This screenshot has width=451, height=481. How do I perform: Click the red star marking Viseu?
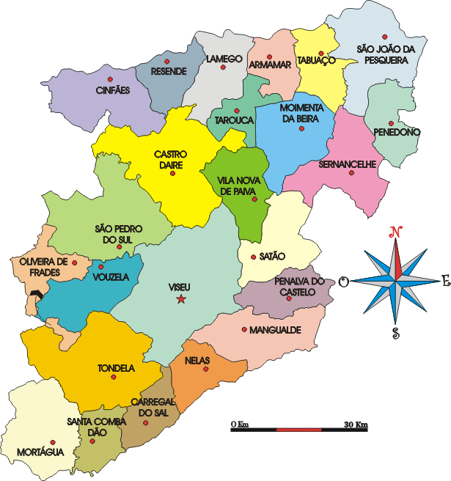pos(181,298)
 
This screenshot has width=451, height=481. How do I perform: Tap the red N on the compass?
pos(397,232)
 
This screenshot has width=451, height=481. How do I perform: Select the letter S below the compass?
pos(396,334)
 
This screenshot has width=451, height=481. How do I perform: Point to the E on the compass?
pos(444,279)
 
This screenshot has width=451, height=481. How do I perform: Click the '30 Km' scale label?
pos(356,425)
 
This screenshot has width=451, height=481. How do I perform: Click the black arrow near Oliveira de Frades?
pos(37,295)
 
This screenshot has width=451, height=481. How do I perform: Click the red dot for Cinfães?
pos(111,79)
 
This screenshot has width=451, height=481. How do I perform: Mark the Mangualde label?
pos(275,330)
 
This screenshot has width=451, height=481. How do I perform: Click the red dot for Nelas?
pos(206,369)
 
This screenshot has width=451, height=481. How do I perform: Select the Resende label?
pos(168,71)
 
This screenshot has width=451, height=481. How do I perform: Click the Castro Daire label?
pos(171,160)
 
